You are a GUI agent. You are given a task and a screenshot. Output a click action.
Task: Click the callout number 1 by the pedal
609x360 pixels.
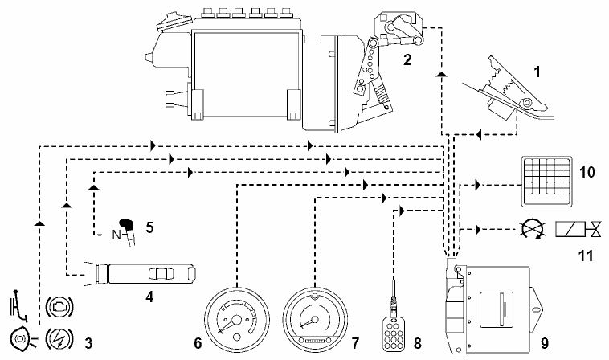pos(537,72)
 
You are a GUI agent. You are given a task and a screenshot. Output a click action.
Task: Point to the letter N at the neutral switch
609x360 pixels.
pos(116,236)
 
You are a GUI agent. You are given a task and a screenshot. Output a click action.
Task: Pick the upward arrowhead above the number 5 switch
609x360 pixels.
pos(95,186)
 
